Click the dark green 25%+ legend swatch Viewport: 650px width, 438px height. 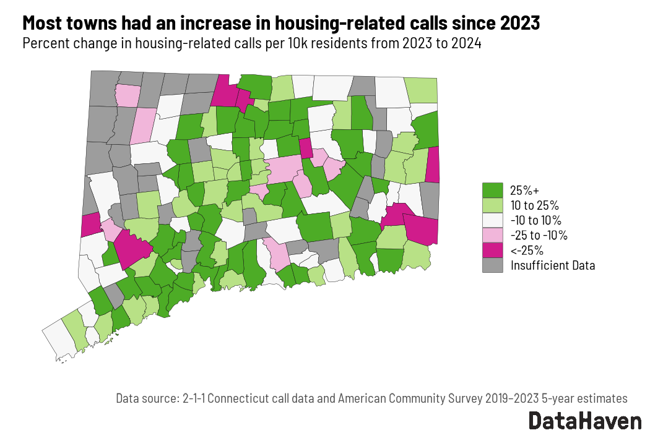(x=493, y=190)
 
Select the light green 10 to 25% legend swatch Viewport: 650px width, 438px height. (x=493, y=205)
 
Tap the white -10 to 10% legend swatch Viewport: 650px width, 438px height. (x=493, y=220)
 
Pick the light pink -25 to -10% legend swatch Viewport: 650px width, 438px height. (x=493, y=235)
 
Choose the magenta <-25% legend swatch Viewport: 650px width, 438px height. (x=493, y=251)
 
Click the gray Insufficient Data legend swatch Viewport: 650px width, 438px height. (x=493, y=265)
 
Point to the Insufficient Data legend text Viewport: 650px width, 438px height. (x=553, y=266)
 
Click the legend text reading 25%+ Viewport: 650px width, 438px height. (x=524, y=190)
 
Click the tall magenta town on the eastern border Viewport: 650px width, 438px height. (x=433, y=165)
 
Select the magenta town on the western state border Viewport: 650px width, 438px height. (x=90, y=225)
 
